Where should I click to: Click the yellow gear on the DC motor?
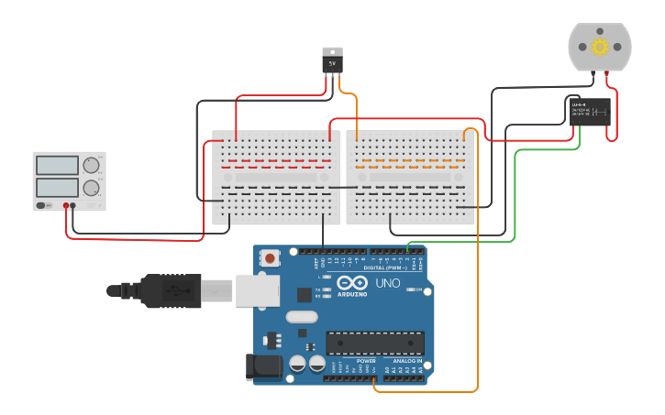pyautogui.click(x=600, y=47)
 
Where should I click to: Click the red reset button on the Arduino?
pyautogui.click(x=271, y=258)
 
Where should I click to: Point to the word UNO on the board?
pyautogui.click(x=387, y=283)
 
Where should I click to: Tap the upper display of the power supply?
pyautogui.click(x=57, y=166)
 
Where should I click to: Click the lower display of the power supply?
pyautogui.click(x=57, y=187)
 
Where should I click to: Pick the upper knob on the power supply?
pyautogui.click(x=91, y=166)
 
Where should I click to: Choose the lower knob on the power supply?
pyautogui.click(x=91, y=188)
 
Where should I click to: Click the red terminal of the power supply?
pyautogui.click(x=67, y=205)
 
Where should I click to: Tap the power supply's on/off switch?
pyautogui.click(x=42, y=205)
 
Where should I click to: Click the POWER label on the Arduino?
pyautogui.click(x=365, y=361)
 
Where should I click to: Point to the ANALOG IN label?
pyautogui.click(x=407, y=361)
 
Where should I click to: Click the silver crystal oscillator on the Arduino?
pyautogui.click(x=301, y=317)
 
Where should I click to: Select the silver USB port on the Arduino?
pyautogui.click(x=257, y=289)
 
